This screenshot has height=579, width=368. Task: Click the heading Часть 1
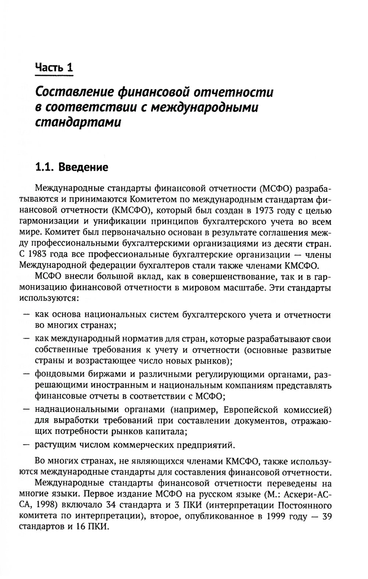[x=54, y=68]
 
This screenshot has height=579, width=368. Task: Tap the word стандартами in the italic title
[x=78, y=122]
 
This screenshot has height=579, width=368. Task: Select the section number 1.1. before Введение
[x=45, y=167]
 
